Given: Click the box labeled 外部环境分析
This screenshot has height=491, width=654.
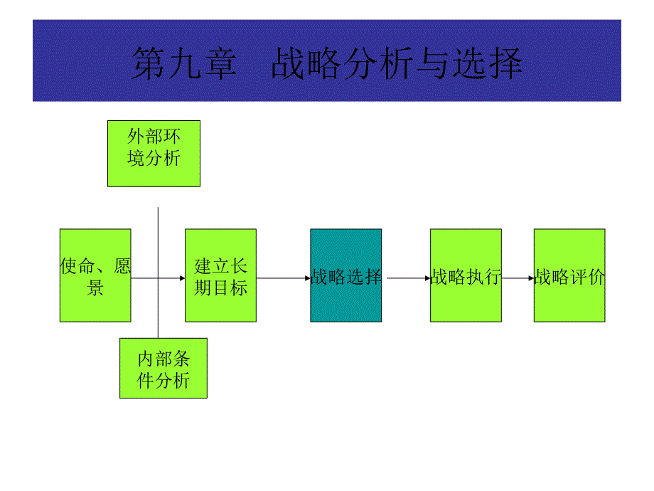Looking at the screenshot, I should (154, 153).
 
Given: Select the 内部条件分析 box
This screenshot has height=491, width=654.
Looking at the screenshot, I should (163, 368).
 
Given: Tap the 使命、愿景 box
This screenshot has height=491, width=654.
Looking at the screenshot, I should (95, 275).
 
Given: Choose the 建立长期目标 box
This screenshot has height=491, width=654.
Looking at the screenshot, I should (220, 275).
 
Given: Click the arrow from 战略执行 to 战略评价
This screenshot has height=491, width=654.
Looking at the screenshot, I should (518, 278).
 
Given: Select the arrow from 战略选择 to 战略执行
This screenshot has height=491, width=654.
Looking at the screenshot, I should (406, 278).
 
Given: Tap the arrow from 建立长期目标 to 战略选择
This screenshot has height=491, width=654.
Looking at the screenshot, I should (283, 278).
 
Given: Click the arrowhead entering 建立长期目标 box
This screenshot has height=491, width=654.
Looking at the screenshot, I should (181, 278).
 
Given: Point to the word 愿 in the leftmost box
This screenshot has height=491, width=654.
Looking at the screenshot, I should (122, 267).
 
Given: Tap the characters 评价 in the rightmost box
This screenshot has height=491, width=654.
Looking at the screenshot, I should (587, 277).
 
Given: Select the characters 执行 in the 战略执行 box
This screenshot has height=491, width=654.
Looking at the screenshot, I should (483, 277).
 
